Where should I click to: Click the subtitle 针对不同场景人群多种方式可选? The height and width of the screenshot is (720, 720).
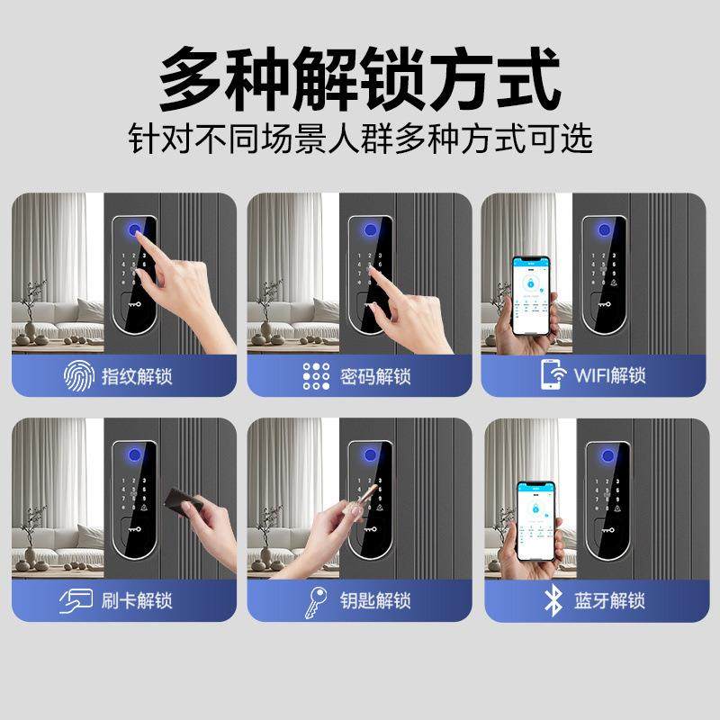[x=360, y=139]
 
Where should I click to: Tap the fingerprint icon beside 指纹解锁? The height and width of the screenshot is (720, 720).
[x=77, y=374]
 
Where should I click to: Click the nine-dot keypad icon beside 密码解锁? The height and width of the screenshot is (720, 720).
[x=316, y=374]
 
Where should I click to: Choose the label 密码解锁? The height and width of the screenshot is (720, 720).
[x=376, y=374]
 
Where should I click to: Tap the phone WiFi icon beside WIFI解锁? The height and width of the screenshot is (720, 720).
[x=552, y=374]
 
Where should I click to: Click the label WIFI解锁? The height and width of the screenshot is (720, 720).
[x=609, y=374]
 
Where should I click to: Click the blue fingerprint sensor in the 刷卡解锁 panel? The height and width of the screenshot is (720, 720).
[x=130, y=454]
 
